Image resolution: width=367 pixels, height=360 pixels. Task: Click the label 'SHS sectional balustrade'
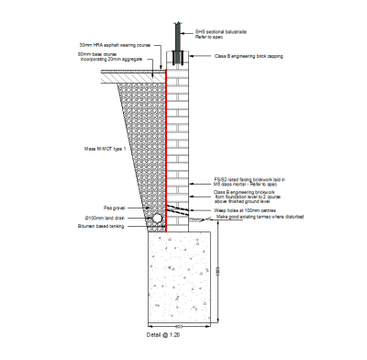coord(217,33)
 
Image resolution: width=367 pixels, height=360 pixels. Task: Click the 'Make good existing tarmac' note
coord(258,217)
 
